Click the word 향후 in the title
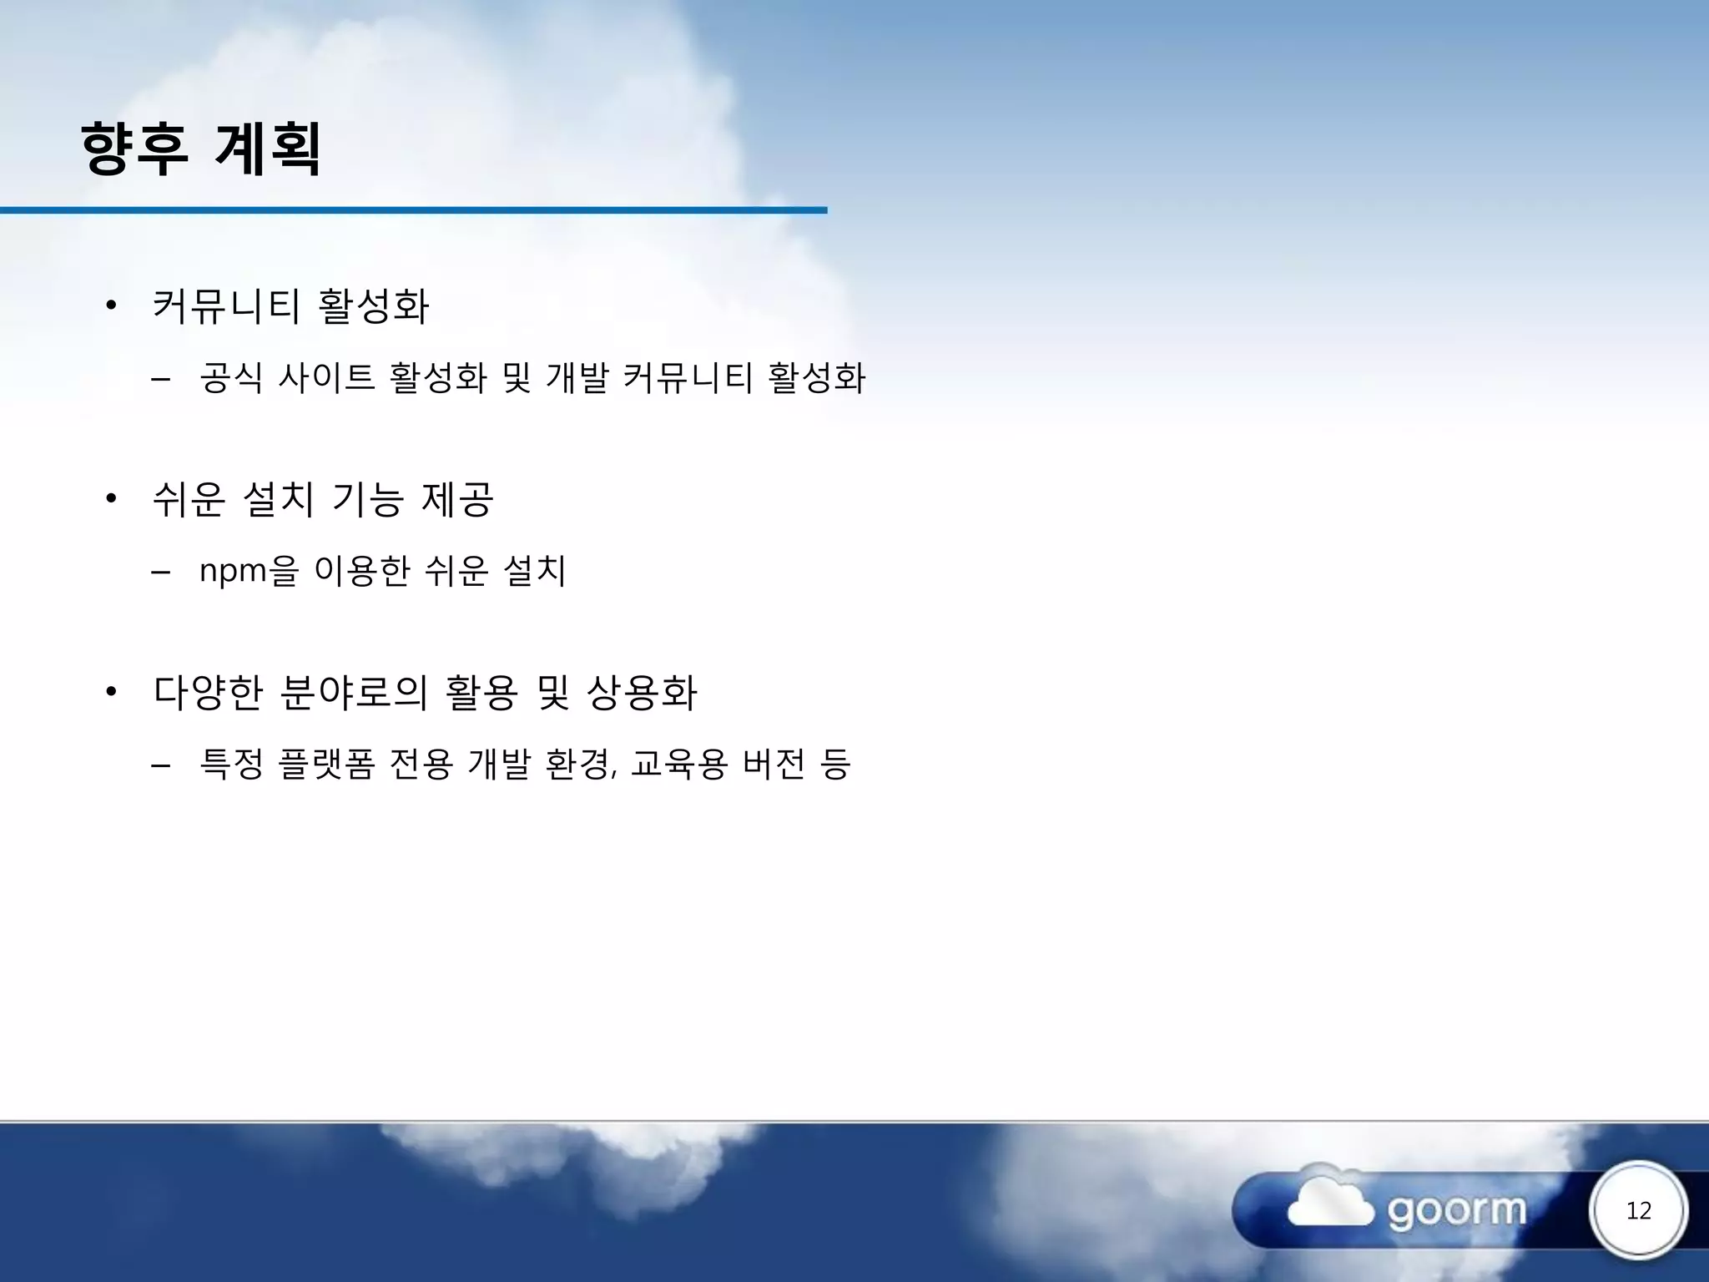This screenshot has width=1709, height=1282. (x=134, y=149)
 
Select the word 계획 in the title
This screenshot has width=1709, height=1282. (x=268, y=149)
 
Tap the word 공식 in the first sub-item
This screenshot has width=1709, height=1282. (x=231, y=377)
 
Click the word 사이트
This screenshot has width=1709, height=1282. (x=325, y=377)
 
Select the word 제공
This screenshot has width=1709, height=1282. (x=458, y=499)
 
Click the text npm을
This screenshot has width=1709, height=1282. (x=249, y=571)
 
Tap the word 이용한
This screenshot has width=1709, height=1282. (x=362, y=571)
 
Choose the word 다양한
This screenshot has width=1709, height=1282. (x=209, y=692)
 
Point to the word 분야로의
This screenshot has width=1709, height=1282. (x=354, y=692)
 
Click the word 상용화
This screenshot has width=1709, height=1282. (x=642, y=692)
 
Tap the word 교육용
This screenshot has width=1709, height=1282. (x=679, y=764)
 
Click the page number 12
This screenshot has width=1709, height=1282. (x=1638, y=1210)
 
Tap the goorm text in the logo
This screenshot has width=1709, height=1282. (x=1456, y=1210)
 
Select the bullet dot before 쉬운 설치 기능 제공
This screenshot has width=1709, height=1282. (x=111, y=499)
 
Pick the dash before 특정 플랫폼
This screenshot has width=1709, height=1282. (x=161, y=764)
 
